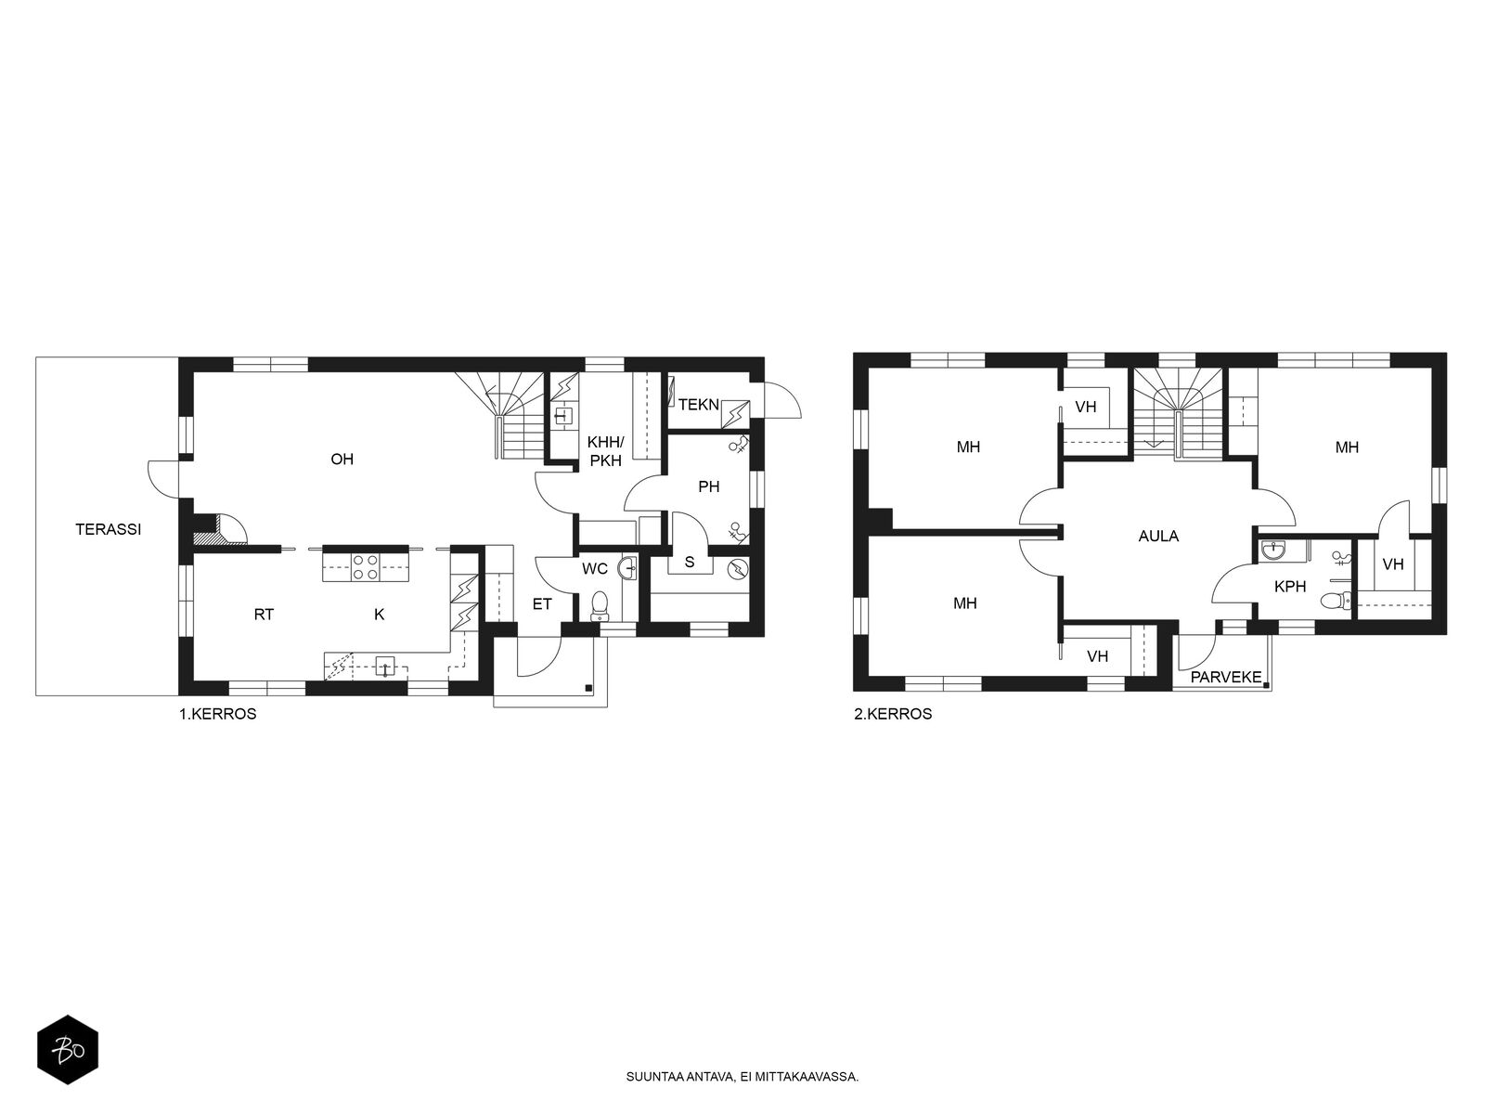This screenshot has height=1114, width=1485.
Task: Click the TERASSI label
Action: coord(109,529)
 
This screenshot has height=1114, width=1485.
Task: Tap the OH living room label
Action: coord(342,460)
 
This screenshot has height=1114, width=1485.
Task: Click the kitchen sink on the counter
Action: coord(385,667)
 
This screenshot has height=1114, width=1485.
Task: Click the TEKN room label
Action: coord(699,405)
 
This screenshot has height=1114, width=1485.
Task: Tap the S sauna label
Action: coord(690,562)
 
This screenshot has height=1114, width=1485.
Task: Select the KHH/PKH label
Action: coord(605,451)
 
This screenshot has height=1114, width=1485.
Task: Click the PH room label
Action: coord(708,486)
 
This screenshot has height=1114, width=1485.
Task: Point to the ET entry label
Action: coord(542,604)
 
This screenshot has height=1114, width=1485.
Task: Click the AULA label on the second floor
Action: coord(1158,537)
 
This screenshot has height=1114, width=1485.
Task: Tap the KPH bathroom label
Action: coord(1289,587)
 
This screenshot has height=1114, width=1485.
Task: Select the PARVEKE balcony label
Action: coord(1226,677)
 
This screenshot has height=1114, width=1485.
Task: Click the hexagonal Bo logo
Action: coord(68,1050)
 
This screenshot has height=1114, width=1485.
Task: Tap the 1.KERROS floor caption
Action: coord(217,714)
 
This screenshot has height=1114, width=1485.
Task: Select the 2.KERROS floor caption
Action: coord(893,714)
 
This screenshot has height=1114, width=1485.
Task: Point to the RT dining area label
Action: coord(264,615)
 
